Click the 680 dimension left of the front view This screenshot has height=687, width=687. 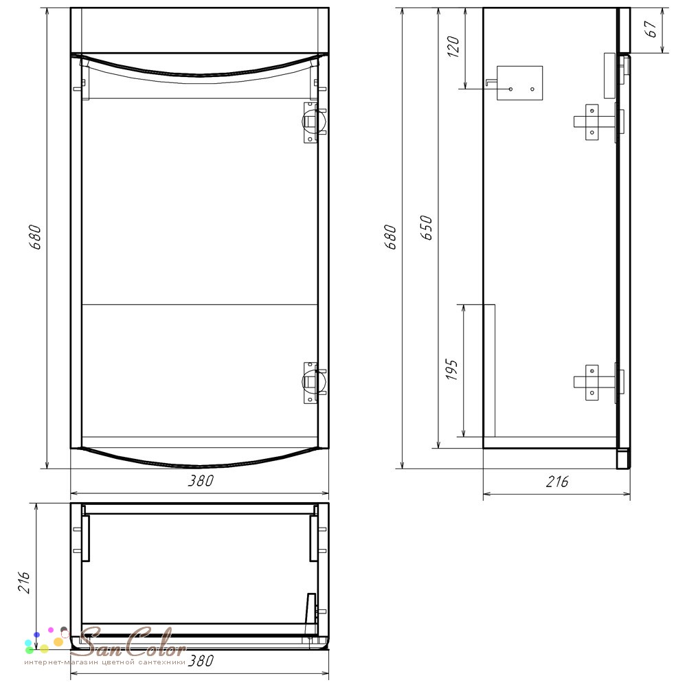point(36,237)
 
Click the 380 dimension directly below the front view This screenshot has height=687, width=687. point(201,481)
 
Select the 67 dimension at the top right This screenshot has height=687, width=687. point(652,29)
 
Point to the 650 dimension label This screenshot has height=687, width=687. point(426,227)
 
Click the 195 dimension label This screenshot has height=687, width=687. point(451,370)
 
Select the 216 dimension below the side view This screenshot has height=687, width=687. point(557,482)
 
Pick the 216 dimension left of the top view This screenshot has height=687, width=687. point(23,583)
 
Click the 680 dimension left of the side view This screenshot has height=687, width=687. point(390,237)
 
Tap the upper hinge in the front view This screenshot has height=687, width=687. point(314,122)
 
